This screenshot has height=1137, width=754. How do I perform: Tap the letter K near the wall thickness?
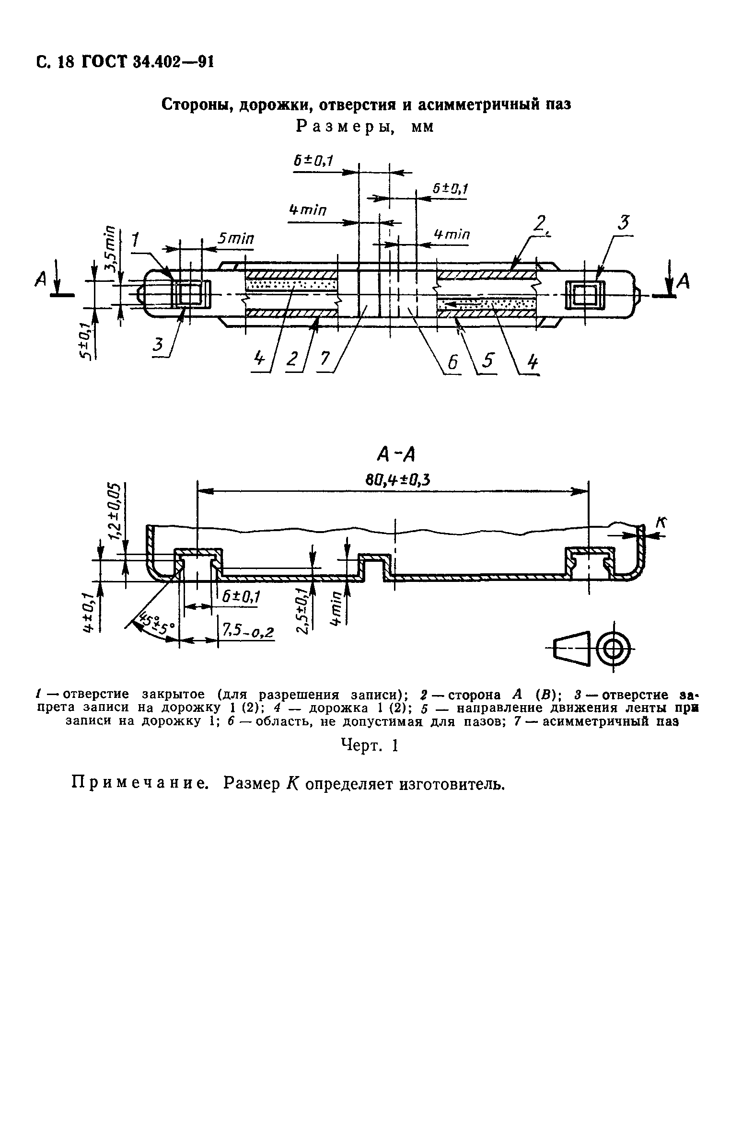pyautogui.click(x=661, y=523)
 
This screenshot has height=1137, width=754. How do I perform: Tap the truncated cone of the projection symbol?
pyautogui.click(x=572, y=650)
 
